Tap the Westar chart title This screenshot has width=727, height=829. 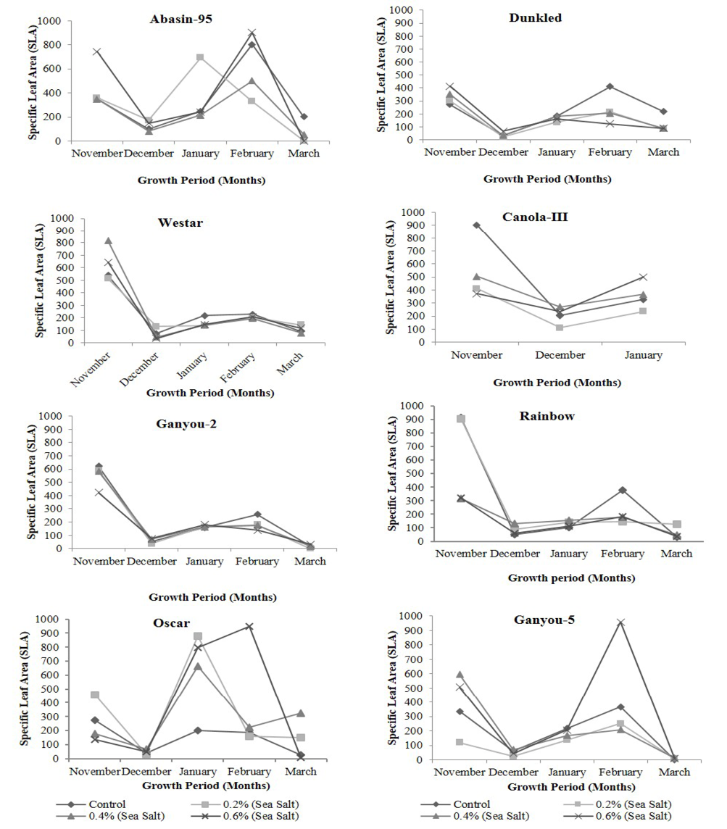click(180, 222)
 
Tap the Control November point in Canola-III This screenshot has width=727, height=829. click(476, 225)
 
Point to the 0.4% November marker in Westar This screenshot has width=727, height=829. click(108, 241)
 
